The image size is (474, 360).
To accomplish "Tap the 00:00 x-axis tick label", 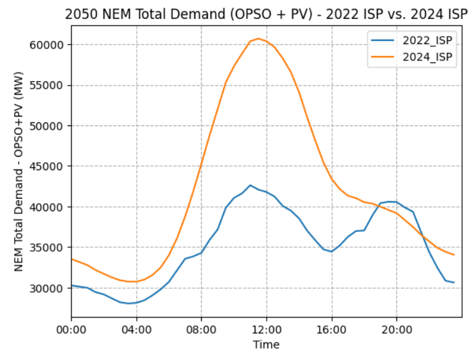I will pos(71,329).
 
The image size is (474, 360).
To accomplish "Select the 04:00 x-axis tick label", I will pos(136,329).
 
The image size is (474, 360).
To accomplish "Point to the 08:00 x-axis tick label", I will pos(201,329).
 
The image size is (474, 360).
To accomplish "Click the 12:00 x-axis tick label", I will pos(266,329).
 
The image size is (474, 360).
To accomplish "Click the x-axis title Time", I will pos(266,345).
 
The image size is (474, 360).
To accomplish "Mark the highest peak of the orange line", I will pos(258,38).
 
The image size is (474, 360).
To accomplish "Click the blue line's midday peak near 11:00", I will pos(250,185).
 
